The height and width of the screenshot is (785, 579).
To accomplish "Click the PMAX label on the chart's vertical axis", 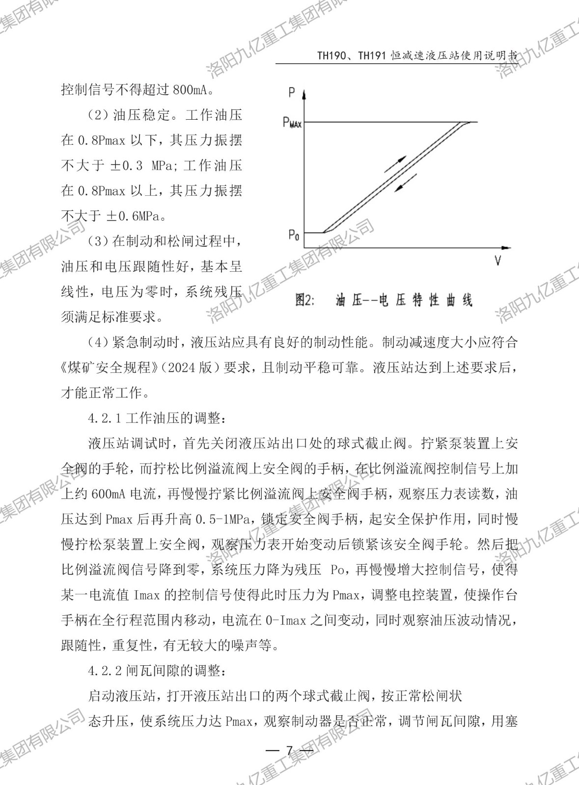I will (292, 122).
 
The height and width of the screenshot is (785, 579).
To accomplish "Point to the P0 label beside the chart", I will (294, 235).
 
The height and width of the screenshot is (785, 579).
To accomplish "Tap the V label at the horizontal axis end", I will (497, 261).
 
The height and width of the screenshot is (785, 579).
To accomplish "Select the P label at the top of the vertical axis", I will (292, 92).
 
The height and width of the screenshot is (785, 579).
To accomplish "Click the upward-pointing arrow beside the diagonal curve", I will (396, 164).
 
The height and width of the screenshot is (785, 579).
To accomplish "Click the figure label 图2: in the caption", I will (304, 300).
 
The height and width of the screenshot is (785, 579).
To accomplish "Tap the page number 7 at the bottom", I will (289, 751).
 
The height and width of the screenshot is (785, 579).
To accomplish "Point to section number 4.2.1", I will (104, 418).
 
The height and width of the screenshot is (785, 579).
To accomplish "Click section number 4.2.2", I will (104, 670).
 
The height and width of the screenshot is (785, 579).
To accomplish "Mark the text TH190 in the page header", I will (331, 55).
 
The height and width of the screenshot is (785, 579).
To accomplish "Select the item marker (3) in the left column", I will (98, 241).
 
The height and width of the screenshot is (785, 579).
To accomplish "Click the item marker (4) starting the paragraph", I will (98, 342).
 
